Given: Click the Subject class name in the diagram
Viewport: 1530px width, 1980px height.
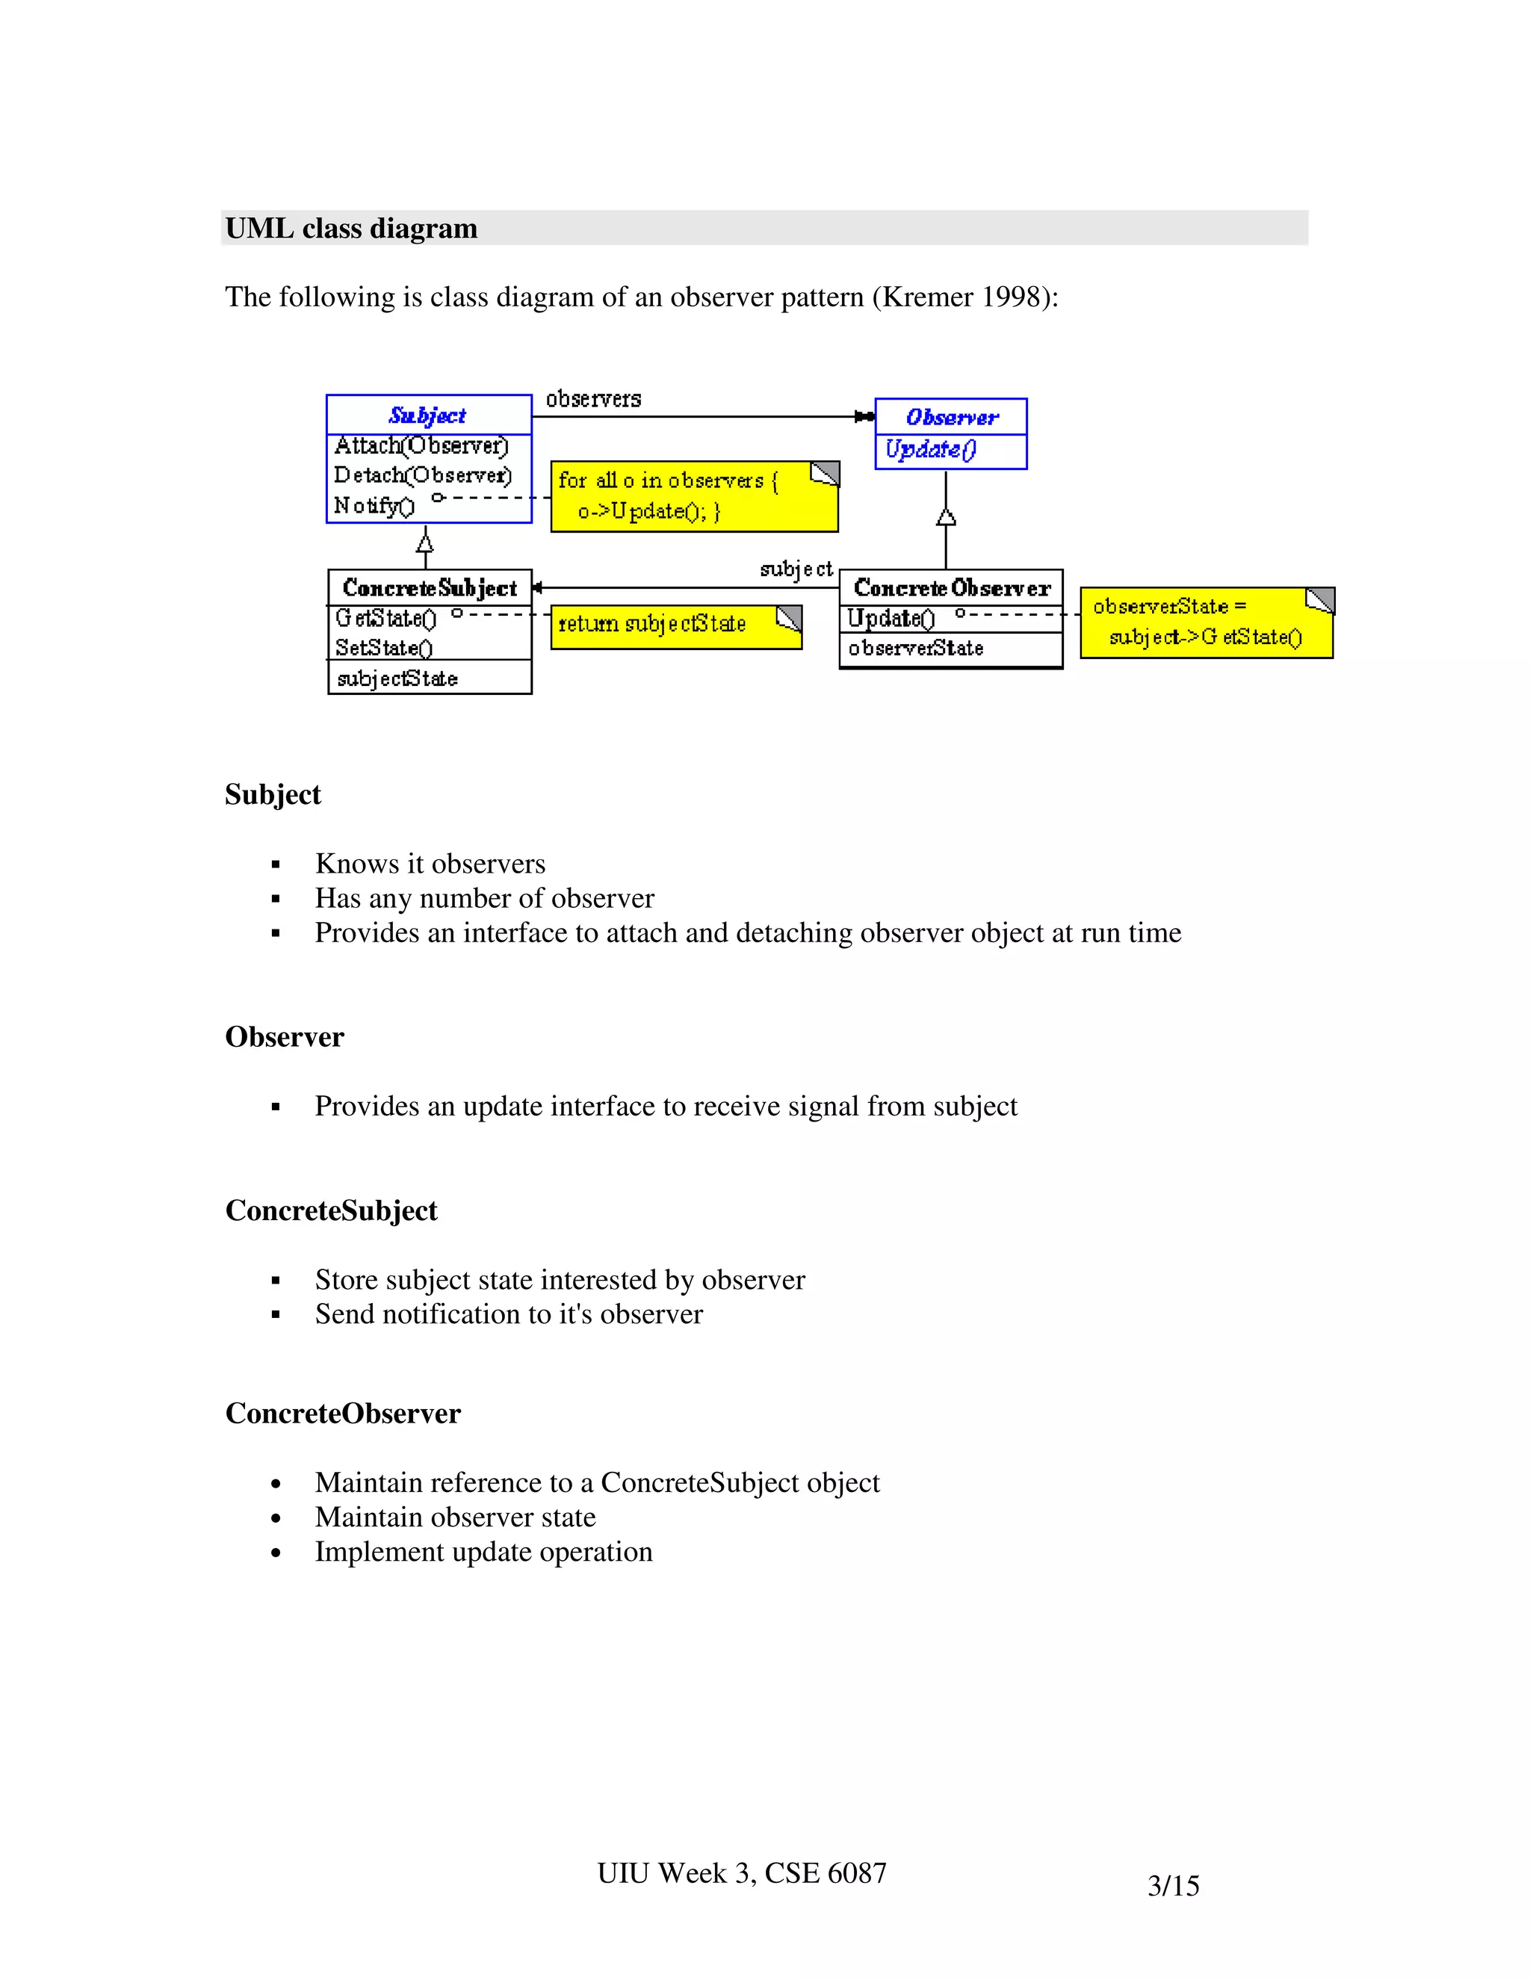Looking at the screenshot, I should (427, 415).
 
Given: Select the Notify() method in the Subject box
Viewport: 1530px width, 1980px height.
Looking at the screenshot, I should (374, 506).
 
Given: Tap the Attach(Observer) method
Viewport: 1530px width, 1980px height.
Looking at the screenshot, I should (421, 446).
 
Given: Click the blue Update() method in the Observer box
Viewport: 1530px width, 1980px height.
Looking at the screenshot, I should (930, 450).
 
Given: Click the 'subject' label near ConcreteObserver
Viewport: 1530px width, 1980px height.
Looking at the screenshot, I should (796, 569).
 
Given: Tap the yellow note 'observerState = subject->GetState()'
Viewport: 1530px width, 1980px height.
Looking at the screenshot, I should (1206, 623).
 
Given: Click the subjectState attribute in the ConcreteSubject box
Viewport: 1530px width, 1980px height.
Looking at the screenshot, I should (397, 678).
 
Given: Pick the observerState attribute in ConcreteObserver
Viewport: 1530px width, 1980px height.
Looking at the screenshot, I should (915, 649).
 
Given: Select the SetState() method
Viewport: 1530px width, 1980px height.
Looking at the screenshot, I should (383, 649).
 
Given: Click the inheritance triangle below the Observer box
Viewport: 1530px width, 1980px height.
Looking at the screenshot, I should (947, 517).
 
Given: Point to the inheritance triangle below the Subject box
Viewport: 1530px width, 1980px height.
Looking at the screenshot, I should (424, 543).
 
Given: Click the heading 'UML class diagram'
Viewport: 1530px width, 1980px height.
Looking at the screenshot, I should (351, 229).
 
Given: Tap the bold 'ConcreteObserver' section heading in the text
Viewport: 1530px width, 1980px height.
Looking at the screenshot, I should (343, 1414).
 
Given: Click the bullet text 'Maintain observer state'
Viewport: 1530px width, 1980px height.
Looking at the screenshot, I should (455, 1517).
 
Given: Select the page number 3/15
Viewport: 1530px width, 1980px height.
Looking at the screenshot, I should (1173, 1886).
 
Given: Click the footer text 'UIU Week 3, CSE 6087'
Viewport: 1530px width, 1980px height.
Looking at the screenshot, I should (741, 1873).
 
